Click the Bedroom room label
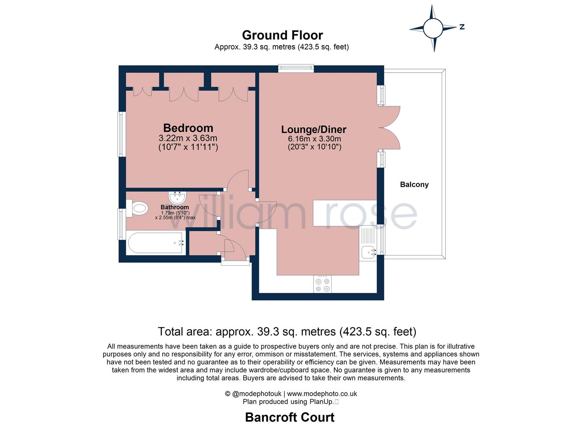(188, 128)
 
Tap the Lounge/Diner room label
(314, 129)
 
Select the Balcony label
(414, 185)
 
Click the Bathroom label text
(174, 207)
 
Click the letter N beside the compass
(462, 27)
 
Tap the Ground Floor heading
(282, 35)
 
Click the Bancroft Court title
(290, 417)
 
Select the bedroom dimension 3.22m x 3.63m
(188, 138)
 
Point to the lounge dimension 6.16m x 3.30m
(314, 139)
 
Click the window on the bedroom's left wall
(122, 134)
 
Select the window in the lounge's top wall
(296, 69)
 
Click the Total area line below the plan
(287, 332)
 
